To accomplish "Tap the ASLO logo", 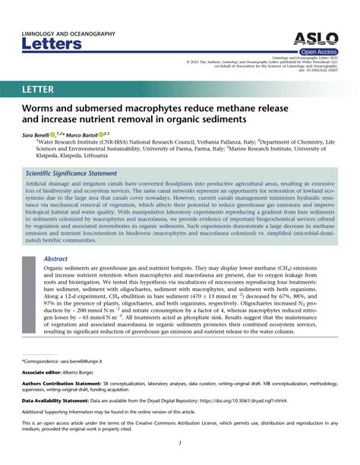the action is point(312,40).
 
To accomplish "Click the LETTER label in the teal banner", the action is point(38,90).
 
